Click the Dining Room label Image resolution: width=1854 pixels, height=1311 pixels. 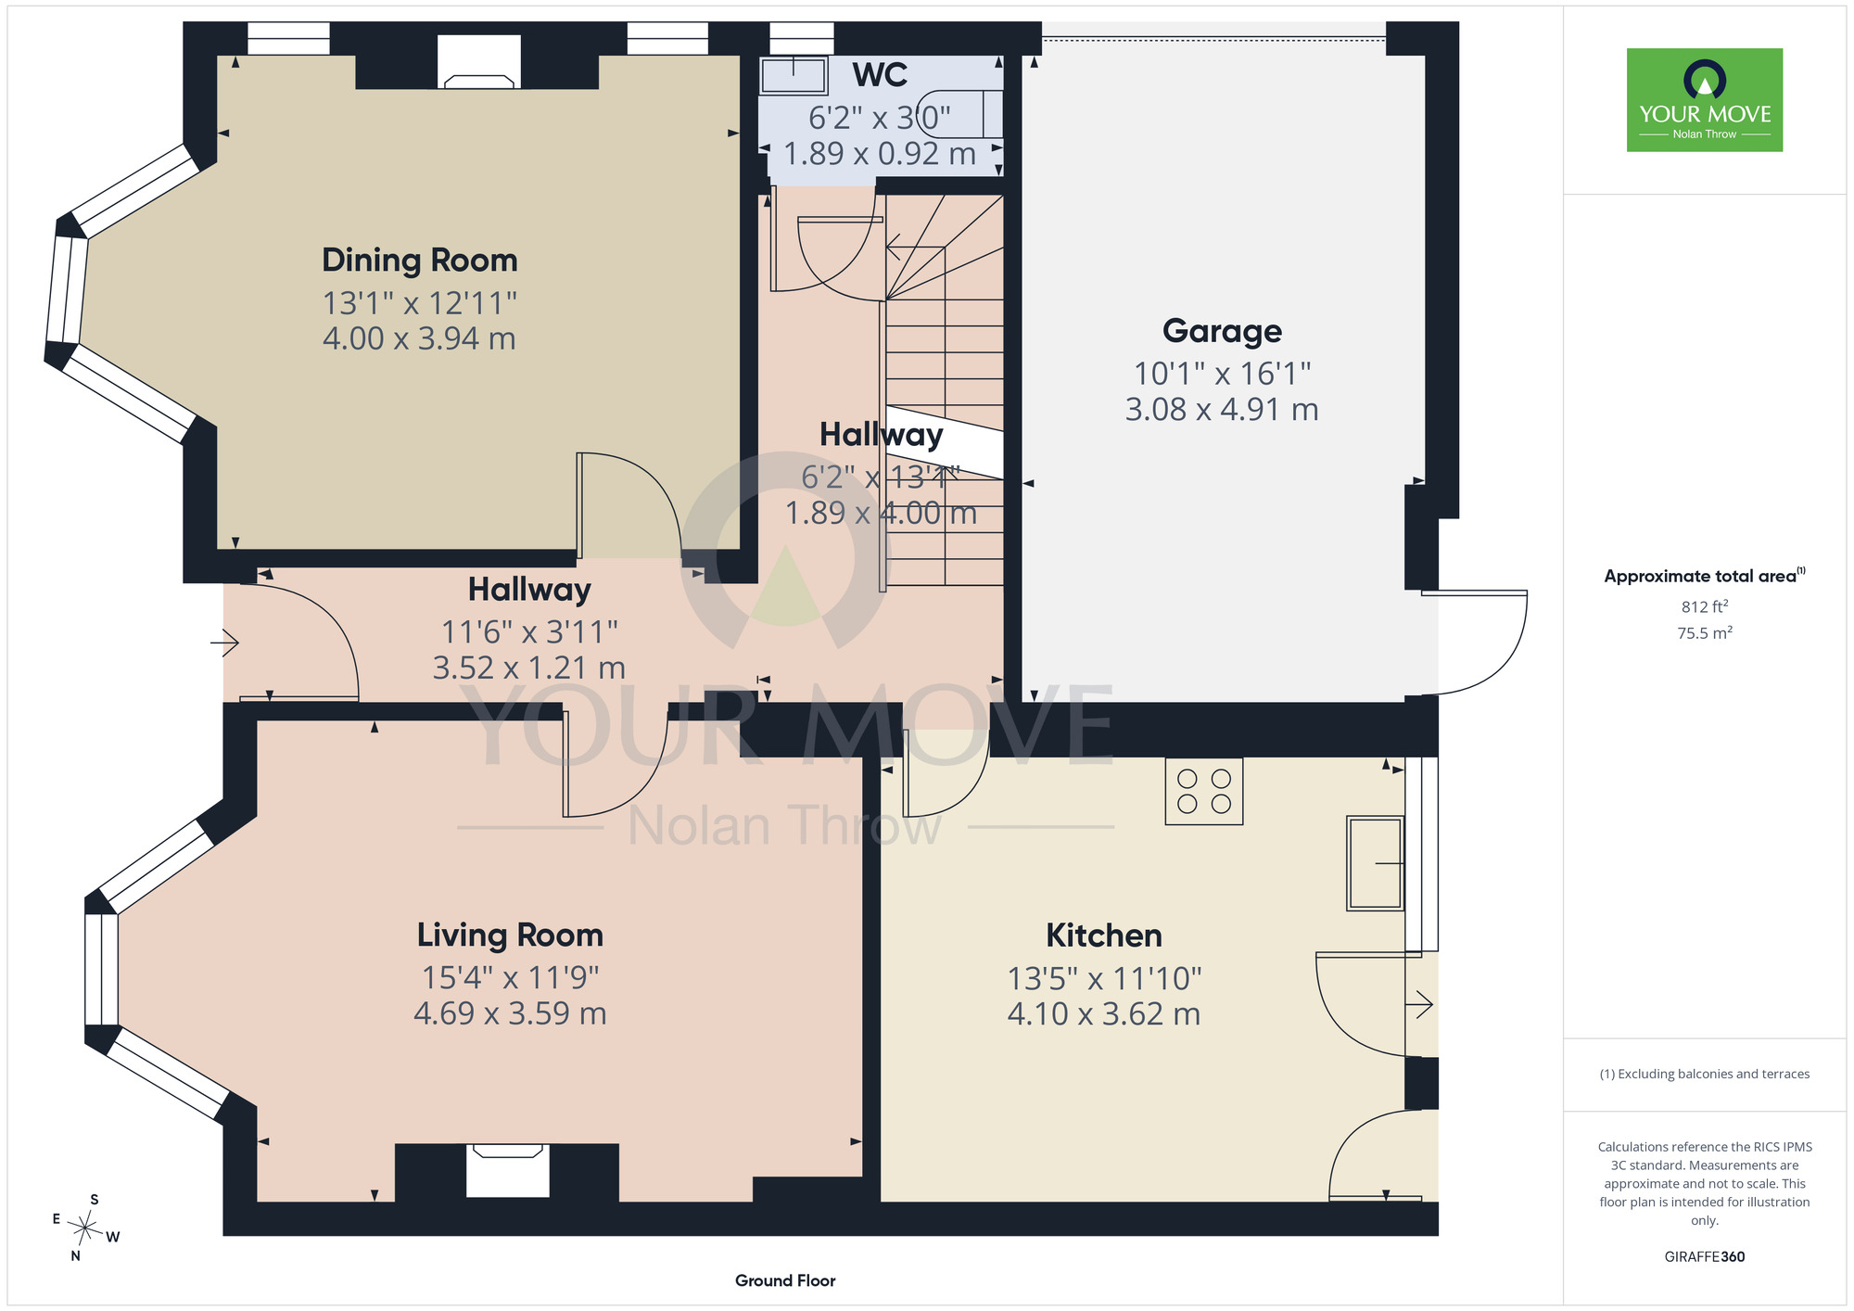(x=419, y=261)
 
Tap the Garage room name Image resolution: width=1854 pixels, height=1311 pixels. (x=1222, y=331)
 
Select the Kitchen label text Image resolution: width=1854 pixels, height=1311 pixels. (x=1103, y=936)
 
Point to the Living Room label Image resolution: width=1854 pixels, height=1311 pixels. (x=510, y=935)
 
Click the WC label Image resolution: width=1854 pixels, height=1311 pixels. (x=880, y=74)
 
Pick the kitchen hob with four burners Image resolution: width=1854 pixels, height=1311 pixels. (x=1203, y=791)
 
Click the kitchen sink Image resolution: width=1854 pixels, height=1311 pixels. (x=1375, y=863)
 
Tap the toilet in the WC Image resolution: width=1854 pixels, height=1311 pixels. (x=960, y=114)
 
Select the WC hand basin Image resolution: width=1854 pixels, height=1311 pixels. (x=794, y=76)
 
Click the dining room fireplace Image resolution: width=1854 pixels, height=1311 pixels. (x=478, y=62)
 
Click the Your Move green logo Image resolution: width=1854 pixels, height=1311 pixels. (x=1705, y=100)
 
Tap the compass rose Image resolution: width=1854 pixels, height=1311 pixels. (x=85, y=1229)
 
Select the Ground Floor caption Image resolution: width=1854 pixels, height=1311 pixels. (x=785, y=1280)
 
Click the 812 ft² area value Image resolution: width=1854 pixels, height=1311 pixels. (x=1705, y=606)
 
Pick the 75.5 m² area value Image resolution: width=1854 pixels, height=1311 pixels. (x=1705, y=633)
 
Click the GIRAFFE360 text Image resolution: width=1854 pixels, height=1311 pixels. (x=1705, y=1257)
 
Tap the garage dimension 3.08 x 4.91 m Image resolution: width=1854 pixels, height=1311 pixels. (x=1222, y=409)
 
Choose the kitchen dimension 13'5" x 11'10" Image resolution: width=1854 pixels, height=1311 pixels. (x=1104, y=978)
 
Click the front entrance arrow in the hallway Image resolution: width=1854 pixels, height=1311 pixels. (x=225, y=642)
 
